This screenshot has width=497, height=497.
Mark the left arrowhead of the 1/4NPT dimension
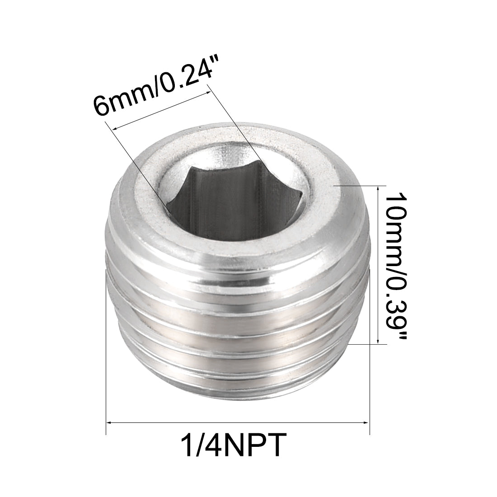pos(108,422)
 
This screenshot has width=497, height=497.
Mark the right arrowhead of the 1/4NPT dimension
pos(367,422)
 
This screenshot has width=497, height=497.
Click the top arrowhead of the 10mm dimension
pos(378,188)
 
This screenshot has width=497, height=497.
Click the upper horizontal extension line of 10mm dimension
pos(361,185)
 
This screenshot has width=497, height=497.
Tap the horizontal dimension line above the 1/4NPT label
pos(238,422)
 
